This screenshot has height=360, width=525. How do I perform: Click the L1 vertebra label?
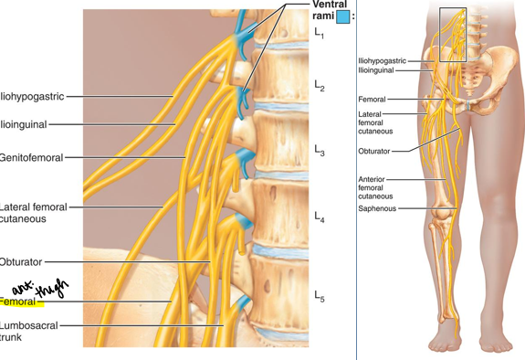pos(319,34)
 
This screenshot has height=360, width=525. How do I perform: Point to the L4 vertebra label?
pos(320,217)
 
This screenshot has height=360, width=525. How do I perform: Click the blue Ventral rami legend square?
pos(341,16)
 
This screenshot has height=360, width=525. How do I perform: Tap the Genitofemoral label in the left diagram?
pos(32,157)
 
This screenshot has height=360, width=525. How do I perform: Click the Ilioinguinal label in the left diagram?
pos(24,123)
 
